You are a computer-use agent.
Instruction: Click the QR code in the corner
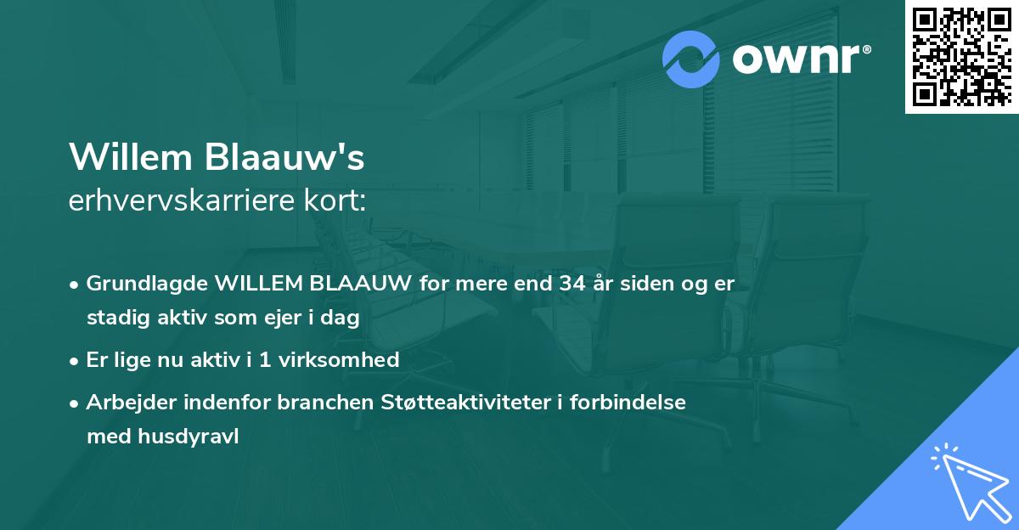[960, 56]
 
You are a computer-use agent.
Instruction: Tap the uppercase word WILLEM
[257, 284]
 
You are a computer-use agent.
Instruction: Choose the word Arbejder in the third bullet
[125, 402]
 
